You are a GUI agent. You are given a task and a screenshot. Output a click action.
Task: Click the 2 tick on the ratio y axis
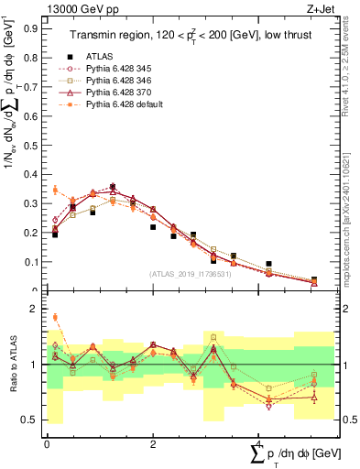(x=37, y=309)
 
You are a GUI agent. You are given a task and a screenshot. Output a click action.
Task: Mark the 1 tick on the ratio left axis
(x=37, y=365)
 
